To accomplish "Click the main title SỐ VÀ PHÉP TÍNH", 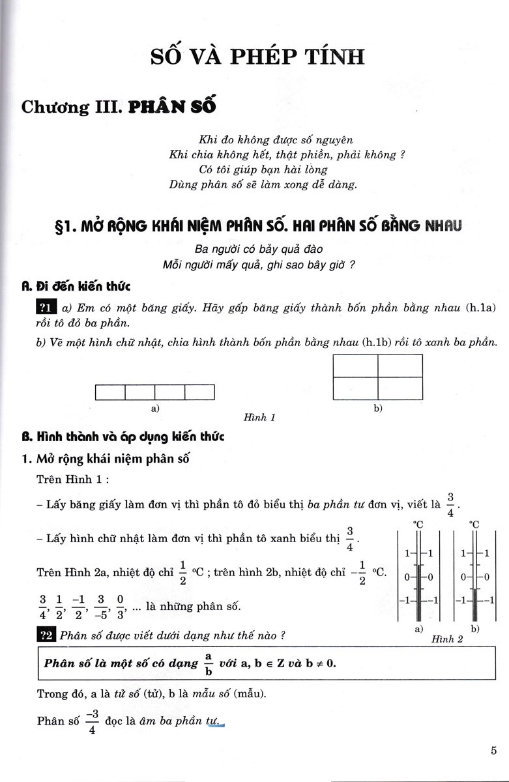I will tap(257, 57).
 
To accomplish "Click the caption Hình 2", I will tap(447, 639).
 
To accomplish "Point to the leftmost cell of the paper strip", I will tap(110, 392).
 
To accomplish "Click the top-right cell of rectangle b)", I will tap(400, 366).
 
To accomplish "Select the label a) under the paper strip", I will tap(155, 409).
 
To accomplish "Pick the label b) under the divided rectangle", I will tap(378, 409).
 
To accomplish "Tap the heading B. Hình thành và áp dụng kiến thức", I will tap(123, 437).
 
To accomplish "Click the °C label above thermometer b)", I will tap(474, 523).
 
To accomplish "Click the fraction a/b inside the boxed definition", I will tap(209, 663).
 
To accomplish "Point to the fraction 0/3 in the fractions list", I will tap(119, 606).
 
